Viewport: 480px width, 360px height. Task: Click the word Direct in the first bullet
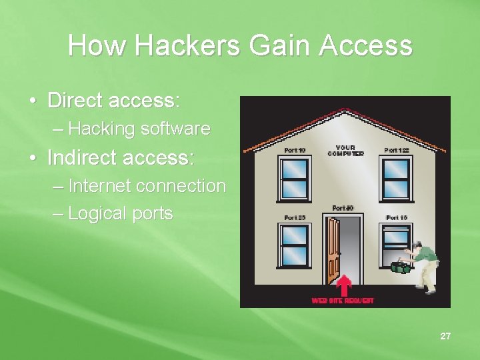coord(75,101)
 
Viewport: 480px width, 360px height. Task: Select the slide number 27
coord(445,336)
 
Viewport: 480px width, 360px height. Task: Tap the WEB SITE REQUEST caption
coord(343,301)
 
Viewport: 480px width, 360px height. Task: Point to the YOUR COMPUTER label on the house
coord(345,151)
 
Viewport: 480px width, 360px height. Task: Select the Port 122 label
coord(397,151)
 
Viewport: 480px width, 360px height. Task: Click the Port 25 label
coord(295,217)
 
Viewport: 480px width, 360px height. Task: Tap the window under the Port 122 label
coord(397,178)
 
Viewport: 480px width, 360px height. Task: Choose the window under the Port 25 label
coord(295,245)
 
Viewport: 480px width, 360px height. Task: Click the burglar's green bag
coord(401,267)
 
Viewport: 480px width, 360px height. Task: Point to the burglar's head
coord(417,247)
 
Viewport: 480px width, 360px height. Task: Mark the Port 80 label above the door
coord(343,208)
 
